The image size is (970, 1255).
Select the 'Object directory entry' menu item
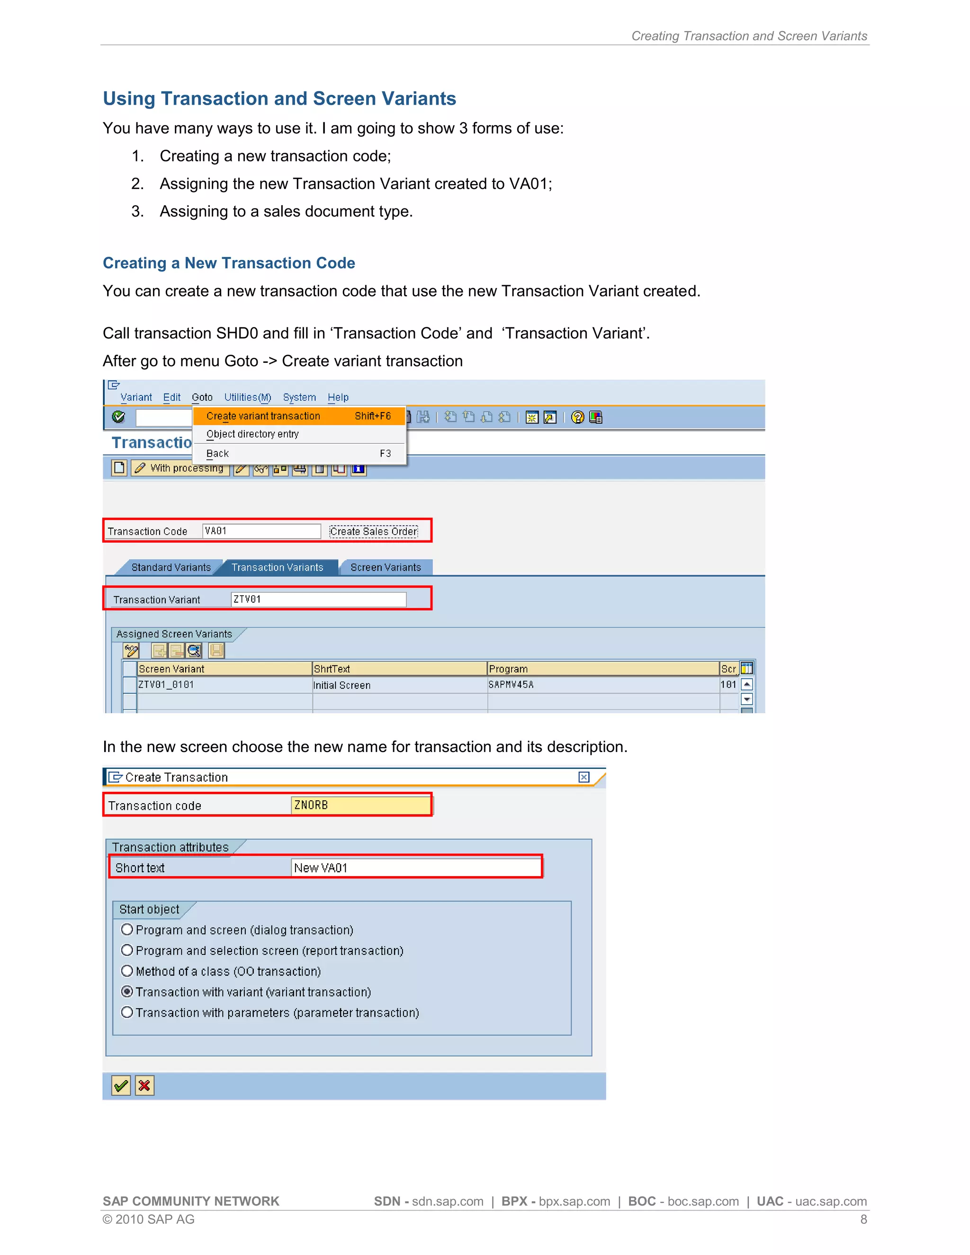point(253,434)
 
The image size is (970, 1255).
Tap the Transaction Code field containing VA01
point(261,531)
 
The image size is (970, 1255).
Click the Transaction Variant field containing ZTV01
point(318,600)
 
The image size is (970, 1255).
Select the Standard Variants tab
point(171,567)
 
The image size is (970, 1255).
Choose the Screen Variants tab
point(386,567)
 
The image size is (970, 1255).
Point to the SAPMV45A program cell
point(511,684)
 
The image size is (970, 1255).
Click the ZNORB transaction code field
point(361,805)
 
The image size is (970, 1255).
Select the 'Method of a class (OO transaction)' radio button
point(127,971)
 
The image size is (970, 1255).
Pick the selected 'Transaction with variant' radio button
point(127,992)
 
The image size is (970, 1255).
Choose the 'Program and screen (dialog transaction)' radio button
point(127,930)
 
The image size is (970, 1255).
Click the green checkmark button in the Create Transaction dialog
point(121,1085)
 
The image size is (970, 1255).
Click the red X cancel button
point(145,1085)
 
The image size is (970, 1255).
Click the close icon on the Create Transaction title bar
point(584,777)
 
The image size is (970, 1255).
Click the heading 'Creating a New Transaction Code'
point(229,263)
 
